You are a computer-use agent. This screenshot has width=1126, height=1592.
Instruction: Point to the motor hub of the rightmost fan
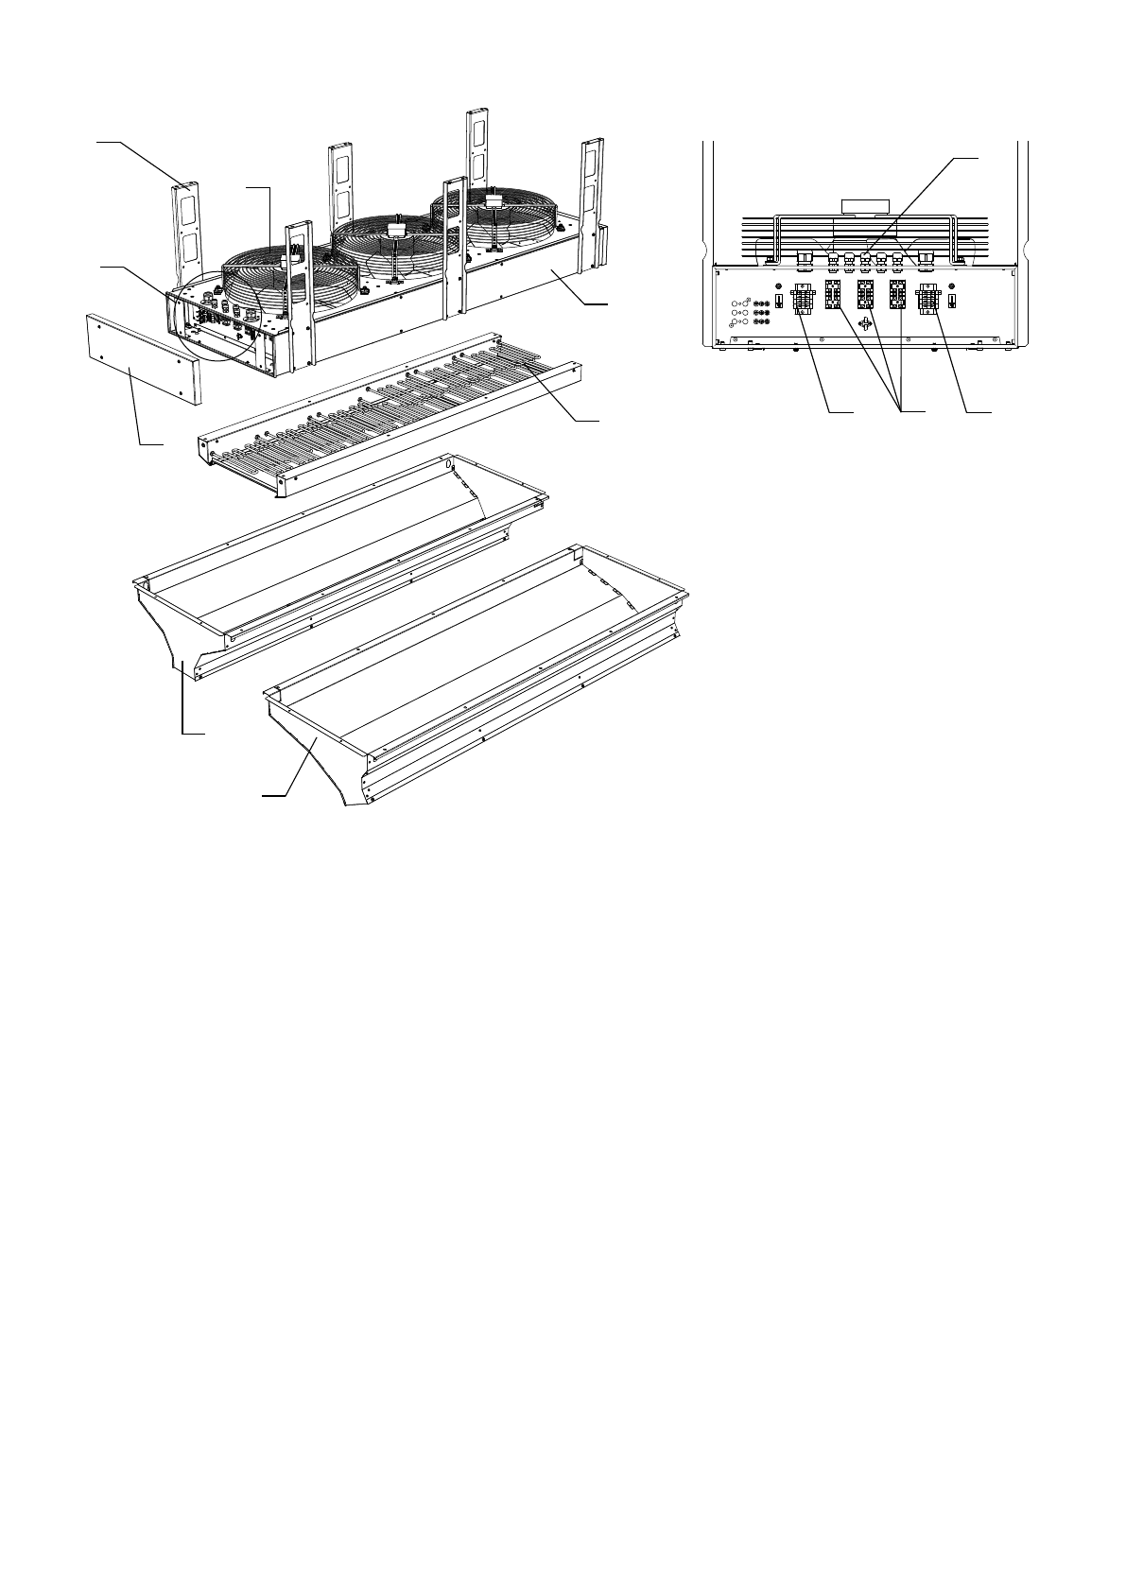[x=493, y=200]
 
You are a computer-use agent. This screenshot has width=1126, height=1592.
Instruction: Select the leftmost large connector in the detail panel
[x=803, y=302]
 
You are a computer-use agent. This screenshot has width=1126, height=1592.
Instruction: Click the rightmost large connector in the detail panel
[x=926, y=302]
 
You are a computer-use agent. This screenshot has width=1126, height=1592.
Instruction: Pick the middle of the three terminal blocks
[x=864, y=295]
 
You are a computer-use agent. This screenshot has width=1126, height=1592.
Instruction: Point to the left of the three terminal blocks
[x=834, y=295]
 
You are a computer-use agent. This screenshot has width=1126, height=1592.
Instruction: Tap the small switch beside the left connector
[x=777, y=300]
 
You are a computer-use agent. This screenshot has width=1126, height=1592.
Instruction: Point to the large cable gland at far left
[x=806, y=256]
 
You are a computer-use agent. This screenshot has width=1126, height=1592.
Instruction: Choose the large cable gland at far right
[x=926, y=256]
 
